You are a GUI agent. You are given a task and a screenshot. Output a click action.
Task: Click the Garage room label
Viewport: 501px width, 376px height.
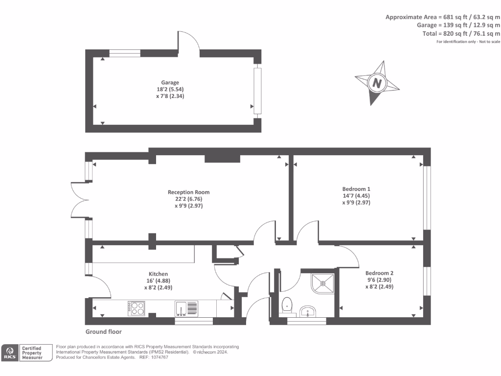click(170, 82)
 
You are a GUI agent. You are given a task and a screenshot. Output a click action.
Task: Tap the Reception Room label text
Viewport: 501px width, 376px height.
click(188, 192)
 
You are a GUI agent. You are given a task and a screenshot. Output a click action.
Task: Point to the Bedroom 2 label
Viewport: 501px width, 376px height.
click(379, 273)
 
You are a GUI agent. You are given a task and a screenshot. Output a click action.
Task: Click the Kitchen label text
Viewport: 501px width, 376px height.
click(158, 274)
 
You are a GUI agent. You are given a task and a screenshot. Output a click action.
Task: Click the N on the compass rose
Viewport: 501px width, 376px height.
click(377, 83)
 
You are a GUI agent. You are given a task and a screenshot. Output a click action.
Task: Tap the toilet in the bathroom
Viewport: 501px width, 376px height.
click(287, 305)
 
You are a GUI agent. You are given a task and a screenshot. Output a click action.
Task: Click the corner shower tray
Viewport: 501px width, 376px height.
click(322, 282)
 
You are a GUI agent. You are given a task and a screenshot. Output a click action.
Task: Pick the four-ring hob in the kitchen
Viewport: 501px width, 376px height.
click(137, 308)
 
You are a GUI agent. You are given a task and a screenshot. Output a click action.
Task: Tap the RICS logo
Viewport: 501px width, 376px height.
click(10, 353)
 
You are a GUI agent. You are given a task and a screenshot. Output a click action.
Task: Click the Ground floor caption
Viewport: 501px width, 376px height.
click(103, 331)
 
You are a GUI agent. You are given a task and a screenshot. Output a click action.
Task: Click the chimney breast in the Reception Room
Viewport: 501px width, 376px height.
click(222, 158)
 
